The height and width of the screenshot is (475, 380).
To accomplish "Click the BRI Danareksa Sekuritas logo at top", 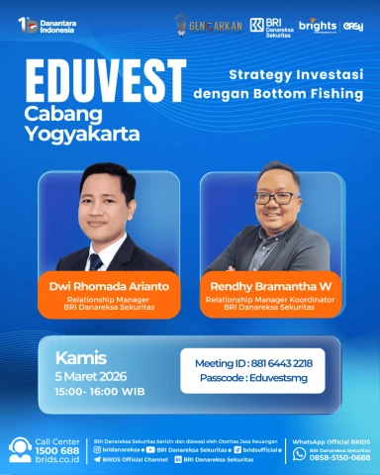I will [x=269, y=25].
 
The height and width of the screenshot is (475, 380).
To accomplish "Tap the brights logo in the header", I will [x=317, y=25].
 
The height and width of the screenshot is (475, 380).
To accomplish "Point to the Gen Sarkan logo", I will [x=209, y=24].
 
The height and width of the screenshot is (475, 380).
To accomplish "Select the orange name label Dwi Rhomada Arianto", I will [x=109, y=286].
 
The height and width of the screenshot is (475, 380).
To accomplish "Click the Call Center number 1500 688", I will [x=56, y=450].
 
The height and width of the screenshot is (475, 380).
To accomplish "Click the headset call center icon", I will [x=19, y=450].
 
